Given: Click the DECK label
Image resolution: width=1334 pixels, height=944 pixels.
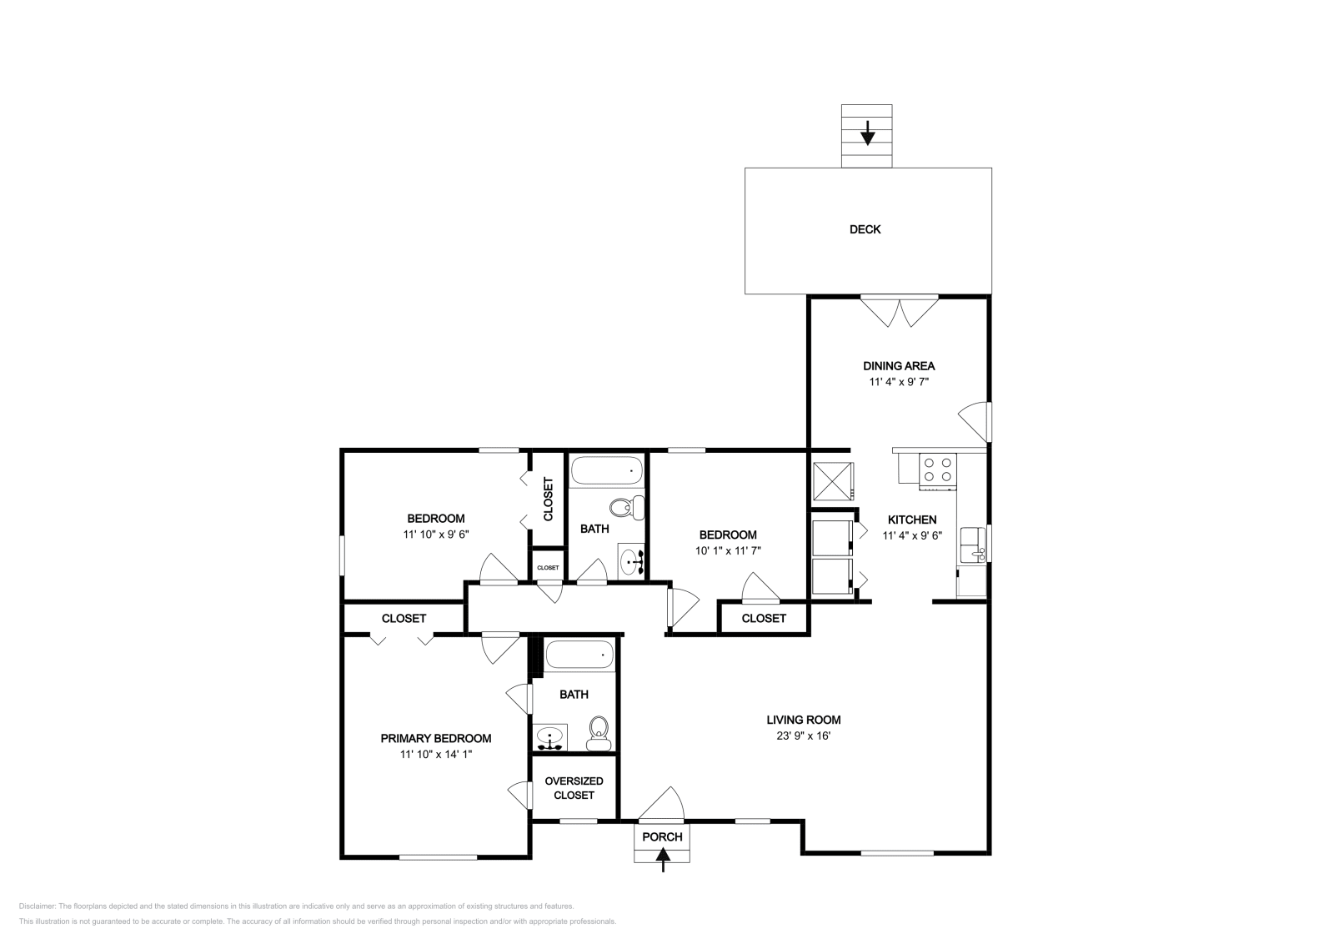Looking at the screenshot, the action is pyautogui.click(x=865, y=229).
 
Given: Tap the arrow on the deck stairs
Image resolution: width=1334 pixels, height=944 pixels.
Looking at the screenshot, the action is pyautogui.click(x=868, y=133).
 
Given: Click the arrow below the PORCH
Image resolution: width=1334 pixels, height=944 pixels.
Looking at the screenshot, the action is pyautogui.click(x=663, y=859).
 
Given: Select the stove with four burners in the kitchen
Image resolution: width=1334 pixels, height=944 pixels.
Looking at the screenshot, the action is pyautogui.click(x=937, y=470).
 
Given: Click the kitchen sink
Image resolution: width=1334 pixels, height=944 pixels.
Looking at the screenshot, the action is pyautogui.click(x=973, y=545).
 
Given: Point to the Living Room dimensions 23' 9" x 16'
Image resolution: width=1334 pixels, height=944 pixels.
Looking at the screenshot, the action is pyautogui.click(x=804, y=736).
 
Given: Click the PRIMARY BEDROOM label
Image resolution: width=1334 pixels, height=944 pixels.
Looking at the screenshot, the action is pyautogui.click(x=436, y=739).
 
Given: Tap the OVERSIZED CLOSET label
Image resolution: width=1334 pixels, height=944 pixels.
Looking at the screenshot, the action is pyautogui.click(x=574, y=788).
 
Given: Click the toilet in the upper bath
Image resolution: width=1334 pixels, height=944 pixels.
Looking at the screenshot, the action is pyautogui.click(x=627, y=507).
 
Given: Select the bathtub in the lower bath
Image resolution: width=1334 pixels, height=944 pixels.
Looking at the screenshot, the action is pyautogui.click(x=579, y=655).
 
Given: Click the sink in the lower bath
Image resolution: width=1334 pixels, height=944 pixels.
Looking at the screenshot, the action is pyautogui.click(x=549, y=738).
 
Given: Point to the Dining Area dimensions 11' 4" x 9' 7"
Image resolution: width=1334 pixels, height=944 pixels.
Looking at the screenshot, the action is pyautogui.click(x=899, y=382).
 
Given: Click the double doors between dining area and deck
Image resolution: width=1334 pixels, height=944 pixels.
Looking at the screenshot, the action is pyautogui.click(x=900, y=312).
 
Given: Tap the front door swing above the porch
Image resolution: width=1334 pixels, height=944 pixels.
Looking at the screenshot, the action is pyautogui.click(x=661, y=803).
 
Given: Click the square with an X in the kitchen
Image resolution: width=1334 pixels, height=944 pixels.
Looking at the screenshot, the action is pyautogui.click(x=833, y=481).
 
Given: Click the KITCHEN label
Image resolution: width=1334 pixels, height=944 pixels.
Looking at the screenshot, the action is pyautogui.click(x=912, y=520).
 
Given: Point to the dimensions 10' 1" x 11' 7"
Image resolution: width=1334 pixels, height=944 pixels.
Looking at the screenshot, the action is pyautogui.click(x=728, y=551).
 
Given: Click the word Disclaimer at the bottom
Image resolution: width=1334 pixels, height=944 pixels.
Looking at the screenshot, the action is pyautogui.click(x=38, y=906).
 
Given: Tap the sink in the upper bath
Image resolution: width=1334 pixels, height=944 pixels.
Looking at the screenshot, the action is pyautogui.click(x=631, y=560).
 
